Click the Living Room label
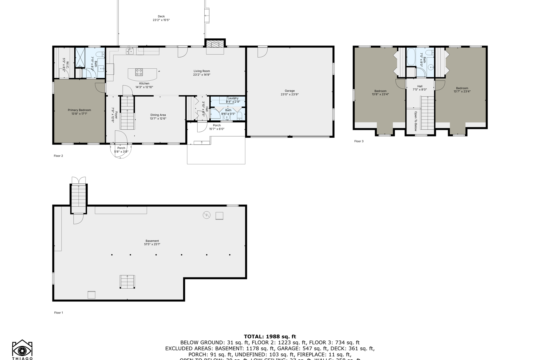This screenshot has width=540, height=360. [x=202, y=71]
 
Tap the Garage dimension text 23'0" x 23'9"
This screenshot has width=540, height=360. [x=289, y=94]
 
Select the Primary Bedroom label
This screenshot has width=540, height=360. [x=79, y=110]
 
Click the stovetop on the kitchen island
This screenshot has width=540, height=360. [x=139, y=72]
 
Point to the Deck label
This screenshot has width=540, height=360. [x=161, y=16]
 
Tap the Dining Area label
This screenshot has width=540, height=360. [x=158, y=115]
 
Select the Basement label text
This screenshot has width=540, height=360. [x=152, y=241]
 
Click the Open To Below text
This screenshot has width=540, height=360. [x=415, y=121]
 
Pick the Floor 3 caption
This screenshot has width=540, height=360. [x=358, y=141]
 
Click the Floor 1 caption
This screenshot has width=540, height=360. [x=58, y=313]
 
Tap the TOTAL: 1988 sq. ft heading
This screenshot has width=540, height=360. [x=270, y=337]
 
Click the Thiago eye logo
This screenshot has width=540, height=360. [x=22, y=350]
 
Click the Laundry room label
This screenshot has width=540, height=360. [x=233, y=98]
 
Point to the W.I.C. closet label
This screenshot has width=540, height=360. [x=67, y=65]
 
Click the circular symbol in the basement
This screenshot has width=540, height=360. [x=206, y=215]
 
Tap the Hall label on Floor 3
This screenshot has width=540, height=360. [x=419, y=86]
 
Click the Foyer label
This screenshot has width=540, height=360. [x=116, y=115]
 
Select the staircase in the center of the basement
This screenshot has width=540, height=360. [x=127, y=282]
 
